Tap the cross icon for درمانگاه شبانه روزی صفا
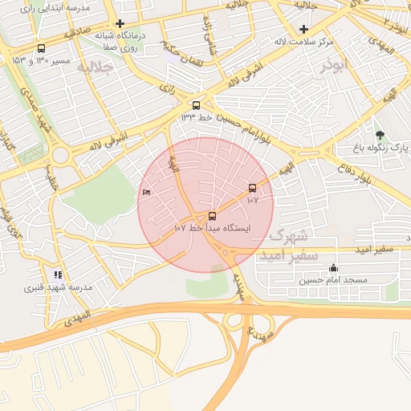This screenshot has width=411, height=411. tap(120, 24)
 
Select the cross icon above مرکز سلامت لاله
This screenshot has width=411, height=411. tap(304, 29)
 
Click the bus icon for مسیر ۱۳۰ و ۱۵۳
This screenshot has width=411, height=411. tap(41, 49)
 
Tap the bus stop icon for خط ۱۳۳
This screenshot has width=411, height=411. tap(196, 105)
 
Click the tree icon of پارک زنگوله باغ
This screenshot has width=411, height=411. tap(380, 135)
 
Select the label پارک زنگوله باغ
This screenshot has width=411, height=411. tap(382, 149)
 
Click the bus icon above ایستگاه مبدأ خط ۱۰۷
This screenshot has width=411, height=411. tap(212, 215)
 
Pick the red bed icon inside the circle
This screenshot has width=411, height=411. tap(145, 193)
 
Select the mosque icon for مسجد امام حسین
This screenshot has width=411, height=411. tap(333, 268)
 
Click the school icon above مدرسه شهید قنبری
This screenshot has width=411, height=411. tap(57, 275)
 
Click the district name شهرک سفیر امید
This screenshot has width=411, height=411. tap(289, 245)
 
